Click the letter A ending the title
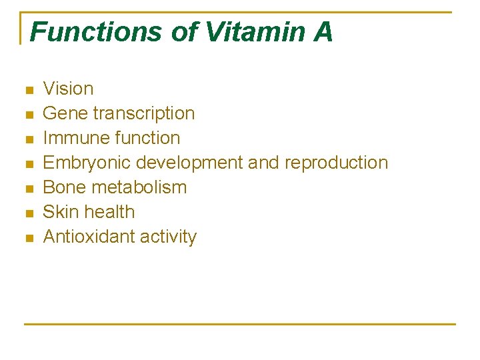[x=323, y=32]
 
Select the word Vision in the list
[x=68, y=89]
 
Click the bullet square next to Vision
[x=28, y=90]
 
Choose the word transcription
[x=144, y=114]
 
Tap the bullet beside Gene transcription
[x=28, y=115]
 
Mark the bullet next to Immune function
[x=28, y=139]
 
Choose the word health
[x=111, y=212]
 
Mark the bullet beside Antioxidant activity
[x=28, y=238]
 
